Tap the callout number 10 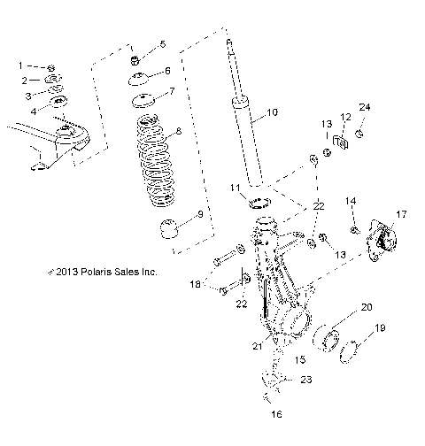[271, 112]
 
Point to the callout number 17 [400, 214]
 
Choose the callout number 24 [365, 107]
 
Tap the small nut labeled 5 [136, 60]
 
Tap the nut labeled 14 [355, 231]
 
